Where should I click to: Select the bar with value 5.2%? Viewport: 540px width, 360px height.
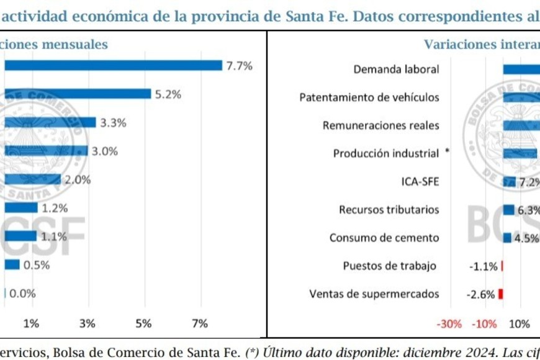pos(78,94)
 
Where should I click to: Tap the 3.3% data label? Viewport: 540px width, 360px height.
pos(113,122)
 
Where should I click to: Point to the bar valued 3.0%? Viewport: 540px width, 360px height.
pos(47,151)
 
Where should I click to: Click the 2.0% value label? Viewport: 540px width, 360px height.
pos(78,179)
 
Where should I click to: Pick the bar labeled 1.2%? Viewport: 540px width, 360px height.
pos(21,208)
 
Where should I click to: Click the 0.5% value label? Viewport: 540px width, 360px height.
pos(36,264)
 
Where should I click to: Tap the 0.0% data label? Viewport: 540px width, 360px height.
pos(22,293)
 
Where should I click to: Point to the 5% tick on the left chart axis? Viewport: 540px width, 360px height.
pos(143,323)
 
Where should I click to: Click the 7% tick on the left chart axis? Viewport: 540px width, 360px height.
pos(200,323)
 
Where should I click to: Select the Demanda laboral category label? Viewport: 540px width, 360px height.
pos(396,69)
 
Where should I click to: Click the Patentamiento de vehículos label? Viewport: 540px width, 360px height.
pos(369,97)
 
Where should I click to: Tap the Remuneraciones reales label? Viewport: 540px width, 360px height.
pos(381,125)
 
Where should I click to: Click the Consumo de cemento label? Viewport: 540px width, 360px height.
pos(384,238)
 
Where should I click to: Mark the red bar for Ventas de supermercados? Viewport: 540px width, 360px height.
pos(501,294)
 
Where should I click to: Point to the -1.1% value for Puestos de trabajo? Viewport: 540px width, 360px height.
pos(484,266)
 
